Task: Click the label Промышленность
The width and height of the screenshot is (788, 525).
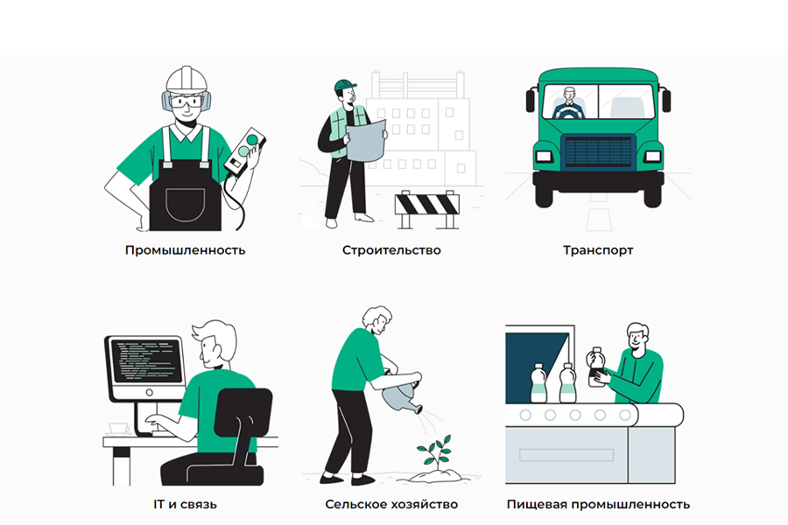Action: pos(185,250)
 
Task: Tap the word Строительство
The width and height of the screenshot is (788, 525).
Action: pos(391,250)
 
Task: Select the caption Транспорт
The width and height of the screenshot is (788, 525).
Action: pos(598,250)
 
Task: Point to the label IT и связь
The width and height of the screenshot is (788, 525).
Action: pos(185,504)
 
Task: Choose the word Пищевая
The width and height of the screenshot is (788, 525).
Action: pos(536,504)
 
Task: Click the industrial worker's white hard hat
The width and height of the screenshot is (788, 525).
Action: pos(186,80)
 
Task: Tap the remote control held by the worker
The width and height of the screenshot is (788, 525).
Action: pos(245,151)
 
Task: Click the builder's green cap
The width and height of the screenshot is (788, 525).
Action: pos(345,85)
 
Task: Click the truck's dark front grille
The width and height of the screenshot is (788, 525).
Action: pos(598,151)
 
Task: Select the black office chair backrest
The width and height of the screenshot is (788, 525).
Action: pos(243,412)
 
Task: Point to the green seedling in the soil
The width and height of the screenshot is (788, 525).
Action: pos(435,451)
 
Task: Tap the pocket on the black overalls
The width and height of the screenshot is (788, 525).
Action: pos(186,205)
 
